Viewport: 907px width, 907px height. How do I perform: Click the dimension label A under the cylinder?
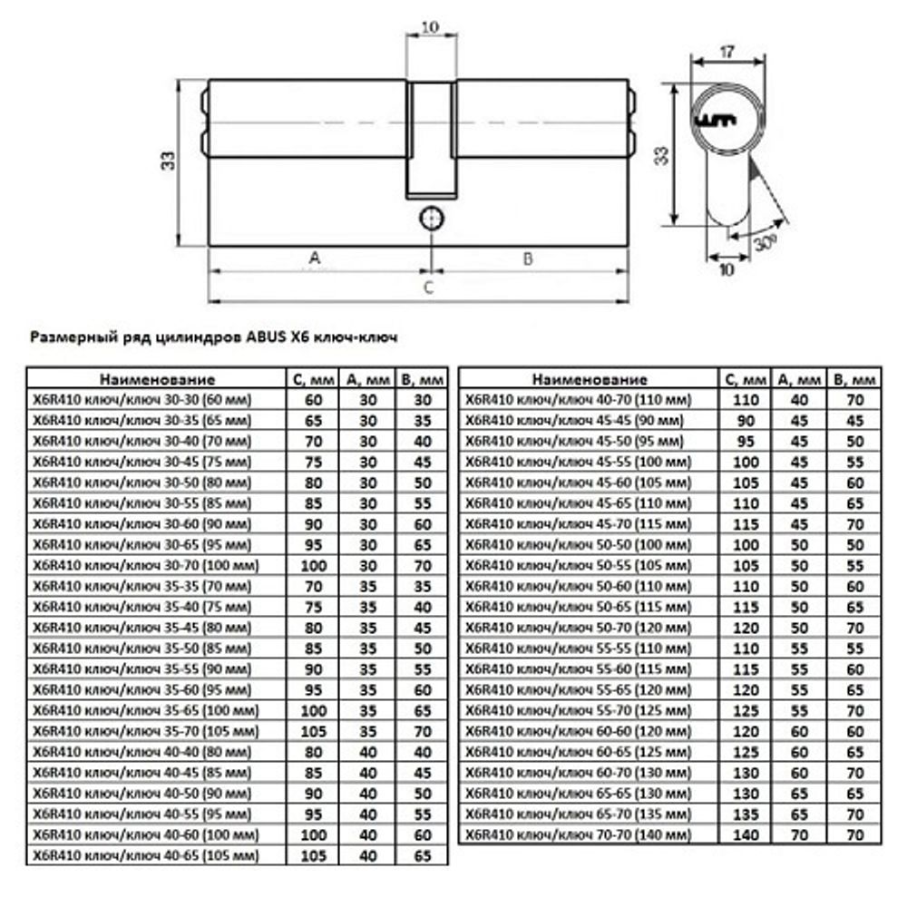click(315, 258)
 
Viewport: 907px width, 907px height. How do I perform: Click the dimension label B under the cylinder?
click(528, 258)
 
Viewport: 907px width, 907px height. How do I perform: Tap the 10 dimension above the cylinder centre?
click(431, 28)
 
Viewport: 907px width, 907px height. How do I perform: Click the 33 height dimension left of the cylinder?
click(168, 161)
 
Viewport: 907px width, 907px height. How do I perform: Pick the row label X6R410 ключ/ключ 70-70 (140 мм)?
click(577, 834)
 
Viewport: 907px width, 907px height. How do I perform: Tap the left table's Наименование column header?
click(157, 379)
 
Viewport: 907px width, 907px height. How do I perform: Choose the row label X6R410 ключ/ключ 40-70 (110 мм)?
click(578, 399)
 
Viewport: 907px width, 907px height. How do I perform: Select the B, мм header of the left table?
click(422, 379)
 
